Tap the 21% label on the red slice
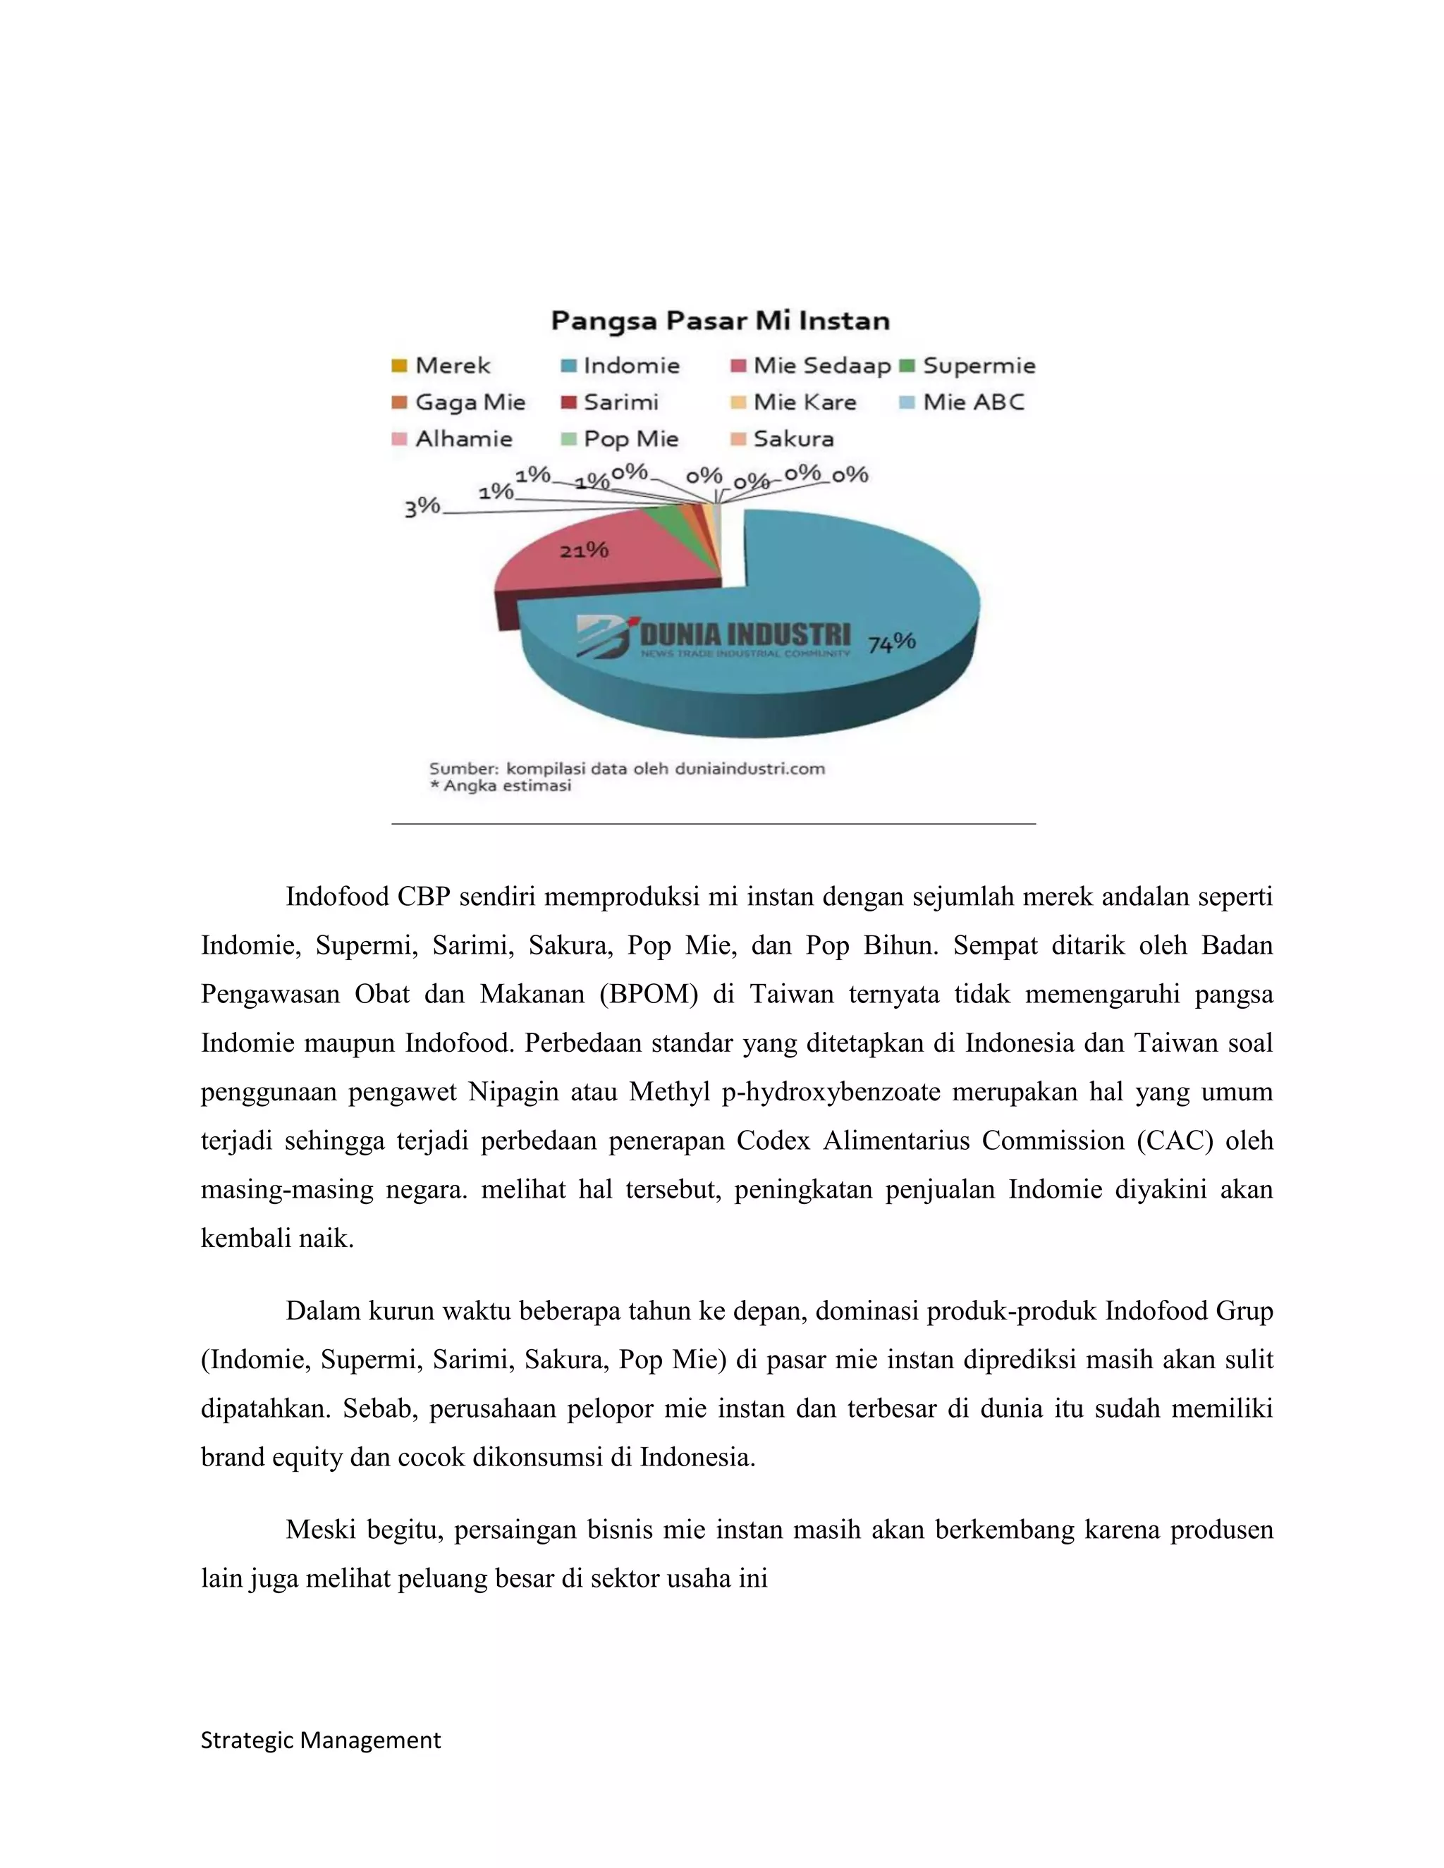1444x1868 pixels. pyautogui.click(x=585, y=550)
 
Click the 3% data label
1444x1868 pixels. pyautogui.click(x=422, y=508)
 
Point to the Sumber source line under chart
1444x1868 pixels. pyautogui.click(x=627, y=768)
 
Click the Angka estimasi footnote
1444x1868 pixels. pyautogui.click(x=501, y=785)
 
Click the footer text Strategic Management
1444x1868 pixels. pyautogui.click(x=321, y=1740)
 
